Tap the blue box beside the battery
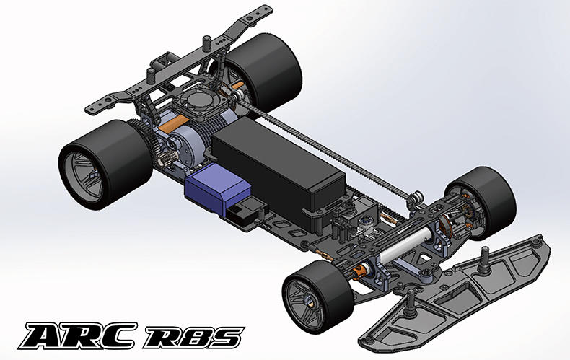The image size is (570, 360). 217,189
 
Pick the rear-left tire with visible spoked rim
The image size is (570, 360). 105,164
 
